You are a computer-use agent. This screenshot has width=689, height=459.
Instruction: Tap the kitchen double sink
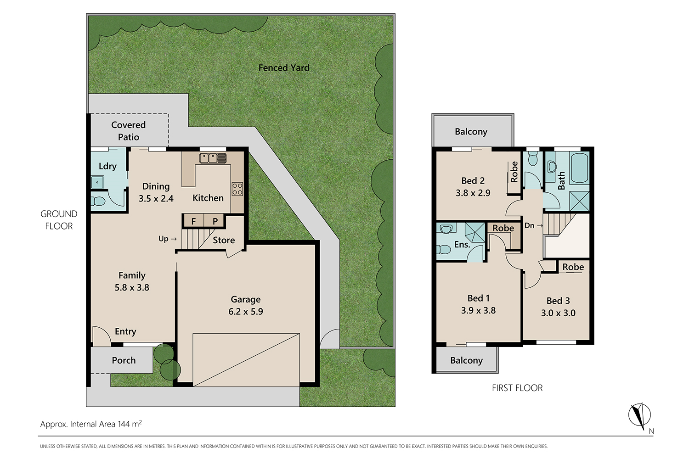point(213,158)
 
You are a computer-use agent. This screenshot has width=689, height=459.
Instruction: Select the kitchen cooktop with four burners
point(237,189)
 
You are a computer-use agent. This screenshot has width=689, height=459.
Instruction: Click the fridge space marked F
point(194,221)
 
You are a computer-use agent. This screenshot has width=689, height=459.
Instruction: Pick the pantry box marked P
point(215,221)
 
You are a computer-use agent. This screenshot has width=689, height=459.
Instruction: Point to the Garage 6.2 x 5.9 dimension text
point(246,311)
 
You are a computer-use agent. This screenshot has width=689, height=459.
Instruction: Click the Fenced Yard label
point(284,67)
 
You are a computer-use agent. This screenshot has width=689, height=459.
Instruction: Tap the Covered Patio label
point(129,131)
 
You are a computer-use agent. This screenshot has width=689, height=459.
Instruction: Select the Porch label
point(124,360)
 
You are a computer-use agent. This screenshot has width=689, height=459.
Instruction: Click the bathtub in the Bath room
point(579,168)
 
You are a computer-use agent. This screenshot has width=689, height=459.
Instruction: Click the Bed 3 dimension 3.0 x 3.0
point(558,313)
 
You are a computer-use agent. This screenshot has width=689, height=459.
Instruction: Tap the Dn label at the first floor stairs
point(529,226)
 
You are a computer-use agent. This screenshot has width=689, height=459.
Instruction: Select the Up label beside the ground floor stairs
point(164,239)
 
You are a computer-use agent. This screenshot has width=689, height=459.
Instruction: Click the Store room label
point(224,240)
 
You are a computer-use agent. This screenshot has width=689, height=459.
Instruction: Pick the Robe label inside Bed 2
point(514,172)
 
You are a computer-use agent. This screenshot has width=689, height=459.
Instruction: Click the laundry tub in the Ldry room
point(98,182)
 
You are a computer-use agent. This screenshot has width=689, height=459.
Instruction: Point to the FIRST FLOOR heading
point(517,388)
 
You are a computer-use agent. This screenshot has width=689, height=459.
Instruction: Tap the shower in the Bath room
point(580,201)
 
